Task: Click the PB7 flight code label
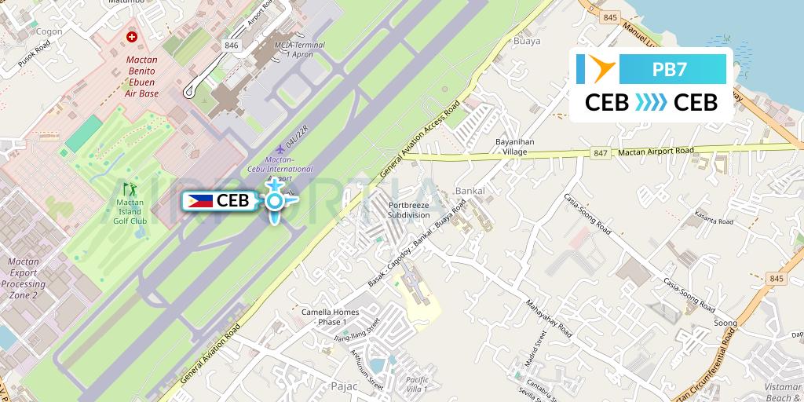(670, 69)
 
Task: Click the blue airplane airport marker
(274, 201)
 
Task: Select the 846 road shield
(231, 46)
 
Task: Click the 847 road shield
(601, 153)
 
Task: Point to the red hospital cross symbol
(132, 37)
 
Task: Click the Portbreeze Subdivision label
(409, 210)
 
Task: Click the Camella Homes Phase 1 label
(330, 316)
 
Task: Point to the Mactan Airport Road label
(656, 151)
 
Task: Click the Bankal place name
(470, 191)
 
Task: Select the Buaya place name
(526, 41)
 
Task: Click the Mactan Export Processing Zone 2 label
(23, 278)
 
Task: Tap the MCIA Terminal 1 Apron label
(298, 49)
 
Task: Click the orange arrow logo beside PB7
(598, 69)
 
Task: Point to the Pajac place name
(345, 386)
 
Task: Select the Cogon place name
(49, 31)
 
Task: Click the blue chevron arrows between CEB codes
(651, 103)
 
